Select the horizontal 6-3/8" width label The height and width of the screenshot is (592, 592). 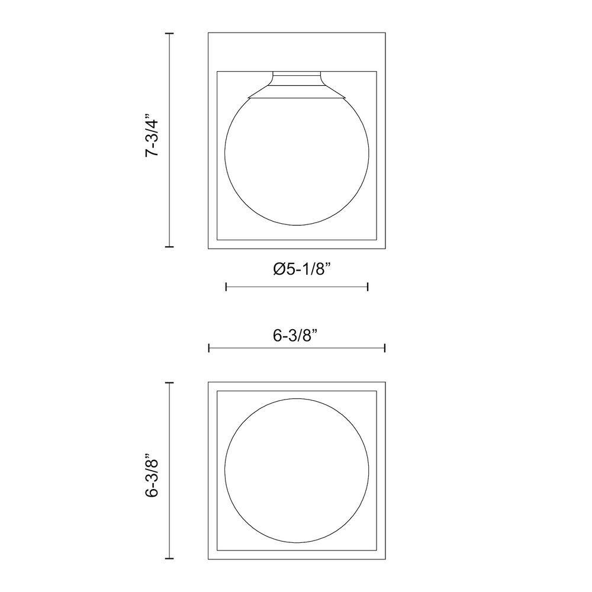point(296,335)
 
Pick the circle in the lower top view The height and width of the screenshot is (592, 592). point(297,471)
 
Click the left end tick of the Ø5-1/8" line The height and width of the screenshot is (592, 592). point(227,287)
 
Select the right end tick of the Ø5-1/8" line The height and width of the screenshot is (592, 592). point(368,287)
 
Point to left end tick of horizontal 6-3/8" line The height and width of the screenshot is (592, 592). point(209,348)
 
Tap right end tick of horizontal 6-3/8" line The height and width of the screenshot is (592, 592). point(385,348)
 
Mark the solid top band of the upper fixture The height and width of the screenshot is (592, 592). point(297,52)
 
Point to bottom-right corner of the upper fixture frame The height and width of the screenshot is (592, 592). point(385,247)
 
